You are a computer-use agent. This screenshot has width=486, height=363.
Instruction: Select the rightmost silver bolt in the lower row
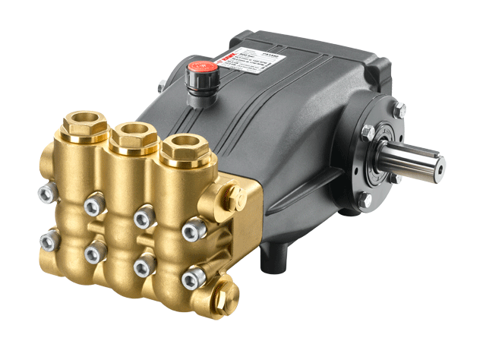point(191,279)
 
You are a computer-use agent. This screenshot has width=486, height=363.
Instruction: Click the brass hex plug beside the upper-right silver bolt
point(234,200)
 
